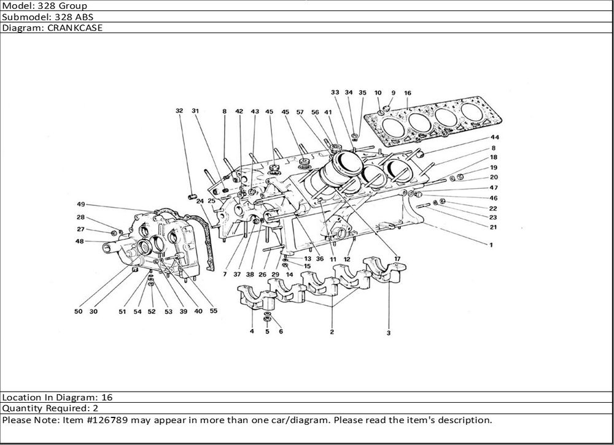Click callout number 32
pos(179,111)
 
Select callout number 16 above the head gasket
pos(408,93)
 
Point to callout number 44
pos(494,137)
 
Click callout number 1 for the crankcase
pos(491,245)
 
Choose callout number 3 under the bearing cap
pos(389,333)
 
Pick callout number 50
pos(78,311)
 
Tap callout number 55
pos(213,311)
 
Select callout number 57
pos(300,112)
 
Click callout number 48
pos(80,241)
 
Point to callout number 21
pos(493,227)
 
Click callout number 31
pos(196,111)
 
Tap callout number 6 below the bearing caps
pos(281,332)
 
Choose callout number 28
pos(80,217)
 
